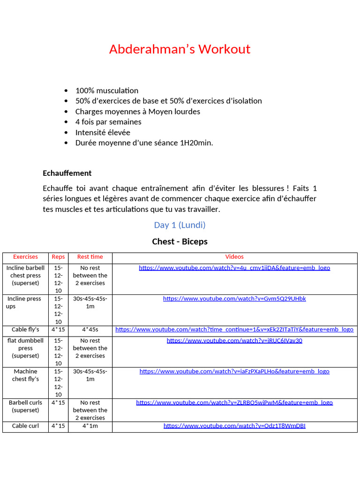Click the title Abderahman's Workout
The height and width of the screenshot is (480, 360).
click(180, 49)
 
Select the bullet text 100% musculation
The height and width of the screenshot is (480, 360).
click(106, 90)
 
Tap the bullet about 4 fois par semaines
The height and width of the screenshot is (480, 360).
click(108, 122)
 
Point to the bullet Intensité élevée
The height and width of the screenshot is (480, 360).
click(103, 132)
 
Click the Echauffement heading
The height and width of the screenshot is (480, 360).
click(67, 173)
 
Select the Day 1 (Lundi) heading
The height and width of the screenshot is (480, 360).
click(180, 225)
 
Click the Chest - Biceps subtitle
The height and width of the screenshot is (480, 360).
click(180, 241)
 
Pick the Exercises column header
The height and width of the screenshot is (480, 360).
click(25, 257)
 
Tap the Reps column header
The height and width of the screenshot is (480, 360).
click(58, 257)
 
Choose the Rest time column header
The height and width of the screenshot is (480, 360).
click(90, 257)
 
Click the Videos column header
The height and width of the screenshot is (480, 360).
click(234, 257)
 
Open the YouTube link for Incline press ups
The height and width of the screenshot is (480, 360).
click(234, 299)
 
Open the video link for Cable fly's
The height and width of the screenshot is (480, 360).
click(234, 330)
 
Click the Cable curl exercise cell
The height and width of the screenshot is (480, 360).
click(25, 426)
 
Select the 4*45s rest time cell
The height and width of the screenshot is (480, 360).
click(90, 330)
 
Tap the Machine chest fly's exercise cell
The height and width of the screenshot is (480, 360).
click(25, 375)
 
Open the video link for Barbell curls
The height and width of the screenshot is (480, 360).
click(234, 403)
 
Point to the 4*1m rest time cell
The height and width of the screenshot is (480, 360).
click(90, 426)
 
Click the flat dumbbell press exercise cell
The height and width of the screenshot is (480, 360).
click(25, 348)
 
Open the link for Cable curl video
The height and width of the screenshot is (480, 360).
click(234, 426)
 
